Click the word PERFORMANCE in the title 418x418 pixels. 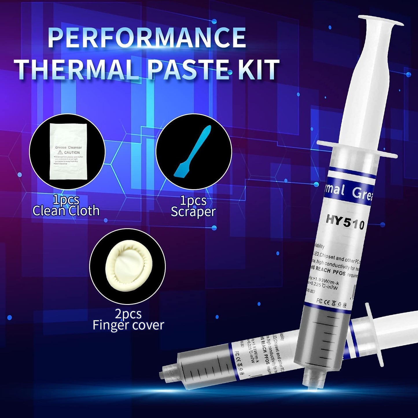tap(147, 38)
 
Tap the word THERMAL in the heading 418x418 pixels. tap(77, 69)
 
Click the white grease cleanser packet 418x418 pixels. tap(68, 152)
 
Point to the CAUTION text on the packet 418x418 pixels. tap(72, 152)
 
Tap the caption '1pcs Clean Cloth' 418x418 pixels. tap(66, 205)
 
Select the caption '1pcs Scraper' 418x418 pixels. tap(193, 206)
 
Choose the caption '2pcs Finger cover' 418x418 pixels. tap(128, 320)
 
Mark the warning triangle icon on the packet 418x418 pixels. tap(60, 152)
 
